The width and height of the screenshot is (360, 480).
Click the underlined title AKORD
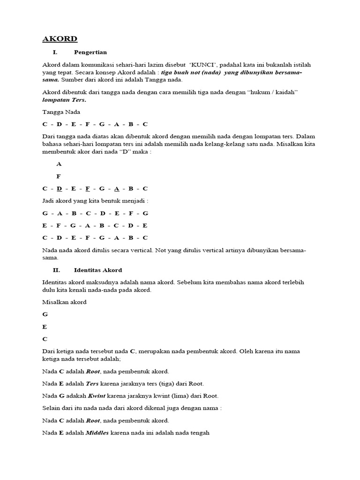tap(60, 39)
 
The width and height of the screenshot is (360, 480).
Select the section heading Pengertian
tap(90, 52)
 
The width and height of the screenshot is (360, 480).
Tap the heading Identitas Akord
tap(98, 270)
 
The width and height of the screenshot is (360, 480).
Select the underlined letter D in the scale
tap(59, 189)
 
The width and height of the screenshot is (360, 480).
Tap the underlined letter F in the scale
tap(88, 189)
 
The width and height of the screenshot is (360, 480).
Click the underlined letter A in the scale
tap(117, 189)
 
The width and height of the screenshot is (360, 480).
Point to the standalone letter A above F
tap(59, 164)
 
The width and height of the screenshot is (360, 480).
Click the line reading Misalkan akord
tap(64, 302)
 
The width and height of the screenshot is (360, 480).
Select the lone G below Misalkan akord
tap(45, 315)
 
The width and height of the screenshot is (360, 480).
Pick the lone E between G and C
tap(45, 327)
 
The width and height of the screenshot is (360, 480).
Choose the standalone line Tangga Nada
tap(61, 112)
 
